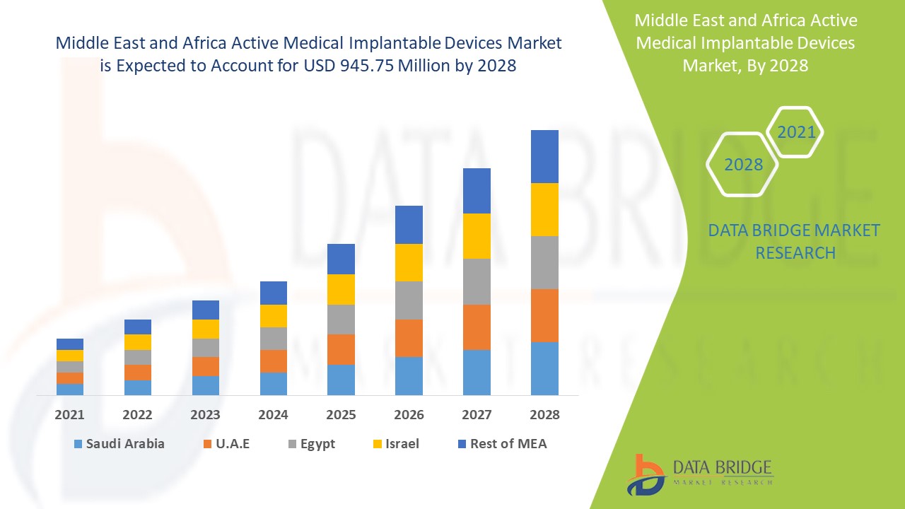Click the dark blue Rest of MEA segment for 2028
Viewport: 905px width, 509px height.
[x=544, y=156]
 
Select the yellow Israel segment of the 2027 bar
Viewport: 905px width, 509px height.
[x=477, y=236]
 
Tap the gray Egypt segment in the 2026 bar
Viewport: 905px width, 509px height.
[x=409, y=300]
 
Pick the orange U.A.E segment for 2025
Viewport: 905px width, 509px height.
[x=341, y=349]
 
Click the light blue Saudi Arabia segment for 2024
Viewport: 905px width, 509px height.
[x=274, y=383]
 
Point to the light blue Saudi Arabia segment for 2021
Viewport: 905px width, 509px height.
[x=70, y=389]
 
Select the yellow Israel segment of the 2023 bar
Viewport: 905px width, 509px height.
[x=206, y=329]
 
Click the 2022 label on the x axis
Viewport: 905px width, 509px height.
[x=138, y=415]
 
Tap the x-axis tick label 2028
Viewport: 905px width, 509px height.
[x=544, y=415]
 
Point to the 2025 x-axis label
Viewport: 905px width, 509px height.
[x=341, y=415]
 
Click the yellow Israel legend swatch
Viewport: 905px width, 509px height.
[x=378, y=445]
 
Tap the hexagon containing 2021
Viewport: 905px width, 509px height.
[x=796, y=132]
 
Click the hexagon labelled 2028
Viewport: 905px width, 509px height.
[x=743, y=165]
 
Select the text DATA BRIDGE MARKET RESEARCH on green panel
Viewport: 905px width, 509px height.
[x=794, y=241]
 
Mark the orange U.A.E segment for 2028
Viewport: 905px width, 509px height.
[x=544, y=315]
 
